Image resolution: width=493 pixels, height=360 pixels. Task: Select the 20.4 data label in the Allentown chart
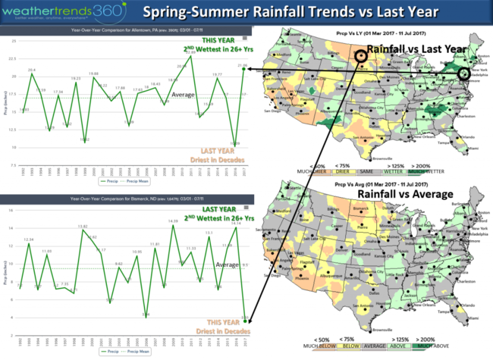click(x=32, y=70)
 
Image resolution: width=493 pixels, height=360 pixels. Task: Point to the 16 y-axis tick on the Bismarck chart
click(x=13, y=209)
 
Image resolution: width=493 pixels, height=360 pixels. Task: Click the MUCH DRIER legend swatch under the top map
click(x=319, y=171)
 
